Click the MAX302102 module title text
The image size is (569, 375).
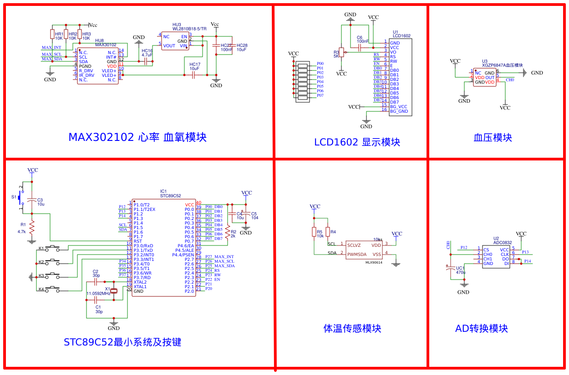[x=137, y=137]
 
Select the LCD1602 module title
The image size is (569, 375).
[x=357, y=142]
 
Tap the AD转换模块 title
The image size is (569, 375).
[x=481, y=328]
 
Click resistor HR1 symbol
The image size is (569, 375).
[x=52, y=35]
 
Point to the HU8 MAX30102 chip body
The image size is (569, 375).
[x=97, y=66]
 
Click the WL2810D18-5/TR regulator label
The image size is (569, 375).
[x=189, y=29]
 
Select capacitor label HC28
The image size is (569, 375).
[x=242, y=45]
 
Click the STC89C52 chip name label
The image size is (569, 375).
[x=170, y=196]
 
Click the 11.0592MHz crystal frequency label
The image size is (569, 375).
[x=98, y=294]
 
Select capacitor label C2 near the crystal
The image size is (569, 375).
[x=96, y=271]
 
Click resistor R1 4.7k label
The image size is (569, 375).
[x=22, y=232]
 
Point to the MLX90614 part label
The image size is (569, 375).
[x=374, y=262]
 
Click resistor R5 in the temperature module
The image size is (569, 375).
[x=314, y=232]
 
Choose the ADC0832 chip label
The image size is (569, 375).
[x=503, y=243]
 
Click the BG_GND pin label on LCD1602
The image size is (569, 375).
[x=399, y=111]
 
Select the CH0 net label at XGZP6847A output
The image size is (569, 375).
[x=510, y=80]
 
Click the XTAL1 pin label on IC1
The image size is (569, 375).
[x=140, y=287]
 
